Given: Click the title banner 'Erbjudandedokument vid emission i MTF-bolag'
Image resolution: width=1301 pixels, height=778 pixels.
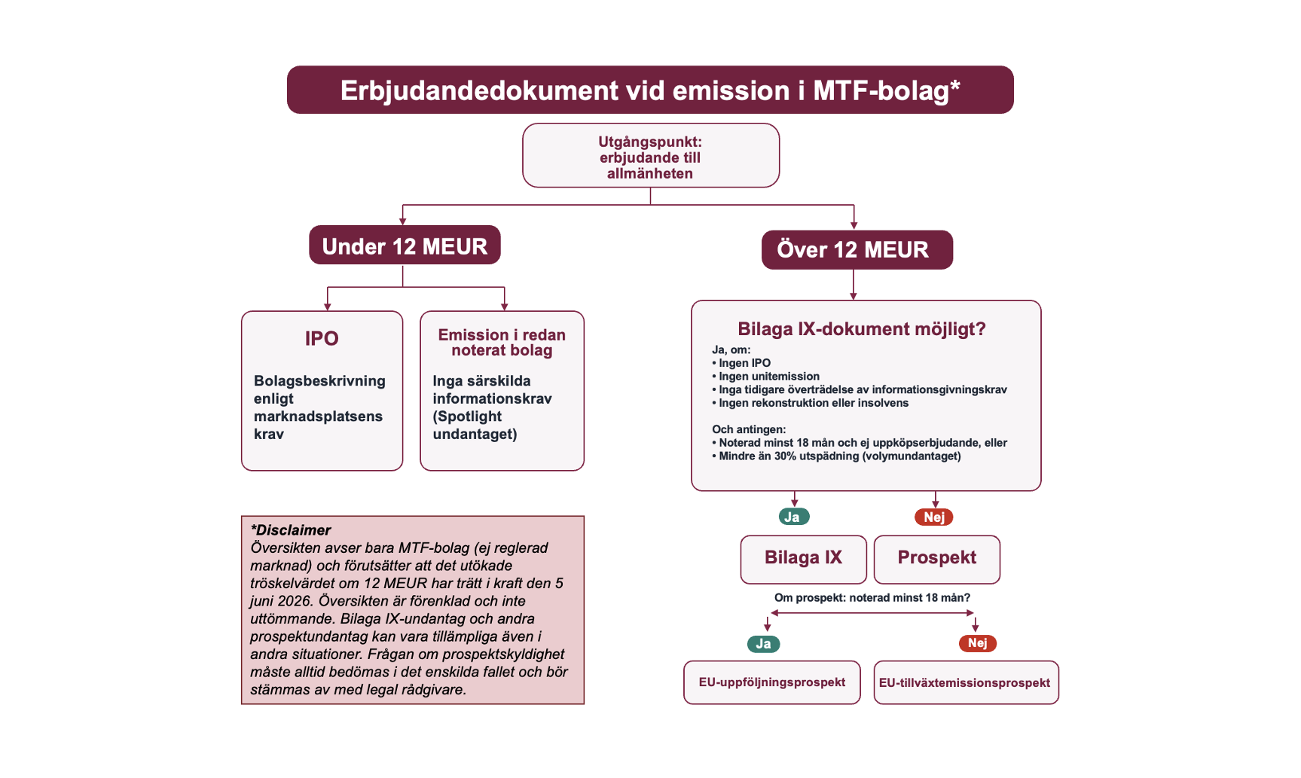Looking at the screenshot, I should (x=650, y=90).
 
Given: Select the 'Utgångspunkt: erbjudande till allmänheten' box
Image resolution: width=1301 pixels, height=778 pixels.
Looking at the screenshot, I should (x=650, y=157).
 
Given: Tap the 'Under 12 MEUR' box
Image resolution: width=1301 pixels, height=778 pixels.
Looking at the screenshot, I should (x=405, y=246).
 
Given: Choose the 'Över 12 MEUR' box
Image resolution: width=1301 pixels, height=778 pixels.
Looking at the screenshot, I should (x=857, y=250).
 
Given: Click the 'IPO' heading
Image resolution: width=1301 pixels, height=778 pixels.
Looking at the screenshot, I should (x=322, y=339).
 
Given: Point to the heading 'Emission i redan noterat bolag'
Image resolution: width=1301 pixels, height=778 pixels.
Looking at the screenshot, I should (x=502, y=343).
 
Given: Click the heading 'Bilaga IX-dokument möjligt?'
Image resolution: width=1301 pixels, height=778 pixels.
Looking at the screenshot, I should (x=861, y=329).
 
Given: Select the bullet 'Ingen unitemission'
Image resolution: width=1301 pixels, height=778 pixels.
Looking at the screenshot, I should (x=769, y=377).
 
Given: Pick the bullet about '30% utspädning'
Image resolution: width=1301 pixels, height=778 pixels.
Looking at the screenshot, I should (x=839, y=456).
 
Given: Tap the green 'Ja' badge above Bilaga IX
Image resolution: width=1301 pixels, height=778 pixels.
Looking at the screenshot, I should (x=793, y=517).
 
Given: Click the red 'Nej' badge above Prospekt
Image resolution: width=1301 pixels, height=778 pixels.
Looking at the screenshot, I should (x=933, y=517).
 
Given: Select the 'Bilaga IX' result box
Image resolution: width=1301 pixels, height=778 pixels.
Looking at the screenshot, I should (x=803, y=558).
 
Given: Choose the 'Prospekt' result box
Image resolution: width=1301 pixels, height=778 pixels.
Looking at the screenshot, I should (x=936, y=558).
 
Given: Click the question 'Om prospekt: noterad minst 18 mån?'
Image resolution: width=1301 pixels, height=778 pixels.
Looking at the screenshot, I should (x=872, y=598).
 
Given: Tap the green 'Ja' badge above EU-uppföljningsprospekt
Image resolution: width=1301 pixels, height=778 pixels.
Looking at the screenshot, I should (x=763, y=644).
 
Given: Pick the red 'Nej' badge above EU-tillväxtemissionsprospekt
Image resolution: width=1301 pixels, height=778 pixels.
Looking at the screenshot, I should (x=977, y=643).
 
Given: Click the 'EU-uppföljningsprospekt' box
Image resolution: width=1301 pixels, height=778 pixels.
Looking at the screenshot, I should (x=771, y=682).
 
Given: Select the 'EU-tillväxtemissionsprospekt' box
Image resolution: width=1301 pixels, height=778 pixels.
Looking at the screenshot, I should (x=965, y=683).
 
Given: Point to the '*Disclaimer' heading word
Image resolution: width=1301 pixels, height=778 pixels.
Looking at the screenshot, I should (x=291, y=530).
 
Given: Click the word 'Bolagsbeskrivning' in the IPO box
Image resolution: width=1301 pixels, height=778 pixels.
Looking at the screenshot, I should (x=319, y=381).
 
